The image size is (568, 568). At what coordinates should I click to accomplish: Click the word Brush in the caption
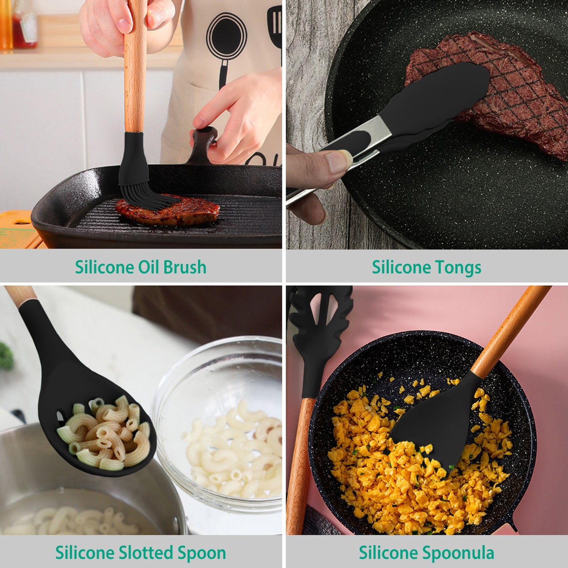[184, 267]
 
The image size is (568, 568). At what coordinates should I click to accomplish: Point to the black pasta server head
[314, 326]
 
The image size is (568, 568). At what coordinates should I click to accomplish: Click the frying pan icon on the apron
[226, 35]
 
